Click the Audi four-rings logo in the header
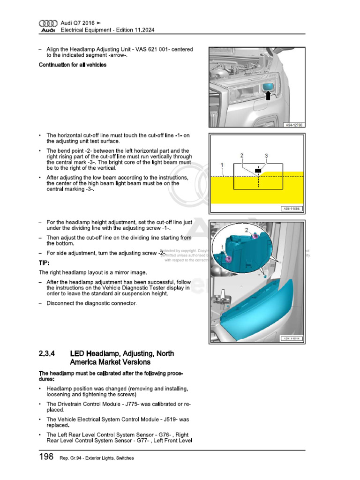click(x=47, y=23)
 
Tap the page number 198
click(x=46, y=457)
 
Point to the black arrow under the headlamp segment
click(x=268, y=96)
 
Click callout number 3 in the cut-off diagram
click(x=266, y=155)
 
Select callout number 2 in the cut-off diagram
click(x=242, y=155)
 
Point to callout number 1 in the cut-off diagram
click(x=221, y=165)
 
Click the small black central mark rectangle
click(x=257, y=170)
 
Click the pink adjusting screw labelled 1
click(x=229, y=258)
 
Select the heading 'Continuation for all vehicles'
click(x=72, y=65)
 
